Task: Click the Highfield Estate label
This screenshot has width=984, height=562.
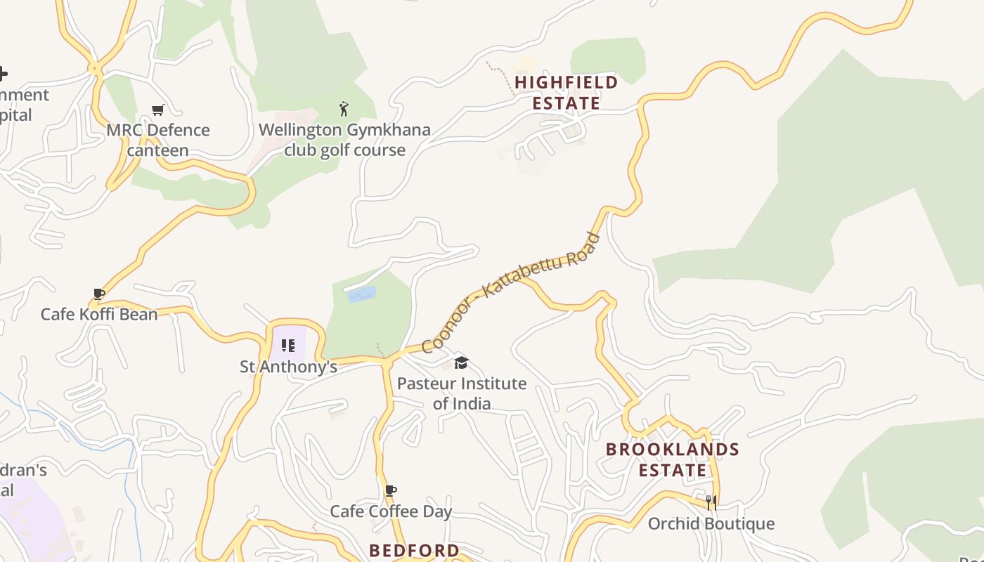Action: pos(566,92)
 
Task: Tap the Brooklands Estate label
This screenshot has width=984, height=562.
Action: pos(672,459)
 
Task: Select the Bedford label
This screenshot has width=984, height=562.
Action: pos(414,550)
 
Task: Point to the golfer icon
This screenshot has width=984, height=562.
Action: pos(344,109)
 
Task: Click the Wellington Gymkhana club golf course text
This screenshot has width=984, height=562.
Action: pos(344,140)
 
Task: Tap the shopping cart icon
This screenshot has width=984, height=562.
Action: pos(158,110)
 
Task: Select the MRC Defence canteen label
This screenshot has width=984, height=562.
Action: pos(158,140)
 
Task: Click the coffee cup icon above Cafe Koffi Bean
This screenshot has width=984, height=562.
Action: pos(99,294)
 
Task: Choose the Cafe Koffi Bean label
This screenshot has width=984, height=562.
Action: pos(99,314)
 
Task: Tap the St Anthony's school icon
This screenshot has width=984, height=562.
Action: pos(288,345)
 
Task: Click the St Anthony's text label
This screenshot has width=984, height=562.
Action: pos(288,367)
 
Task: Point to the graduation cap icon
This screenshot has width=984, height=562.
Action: pos(461,362)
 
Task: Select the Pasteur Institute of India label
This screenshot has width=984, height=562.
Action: pos(462,393)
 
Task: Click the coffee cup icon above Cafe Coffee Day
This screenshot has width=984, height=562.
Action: pos(391,490)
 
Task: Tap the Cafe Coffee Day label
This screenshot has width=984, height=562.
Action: pos(391,511)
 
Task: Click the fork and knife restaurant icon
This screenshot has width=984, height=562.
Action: pos(711,502)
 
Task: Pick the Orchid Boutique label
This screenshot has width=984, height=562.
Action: pos(711,523)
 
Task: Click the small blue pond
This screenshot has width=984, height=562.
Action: pos(362,294)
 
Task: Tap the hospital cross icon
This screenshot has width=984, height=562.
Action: pos(2,73)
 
